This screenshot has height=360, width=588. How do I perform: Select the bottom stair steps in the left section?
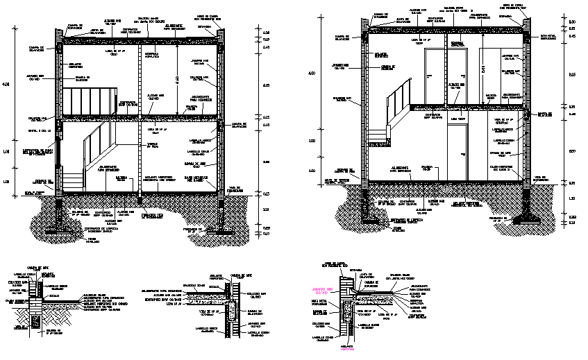point(75,179)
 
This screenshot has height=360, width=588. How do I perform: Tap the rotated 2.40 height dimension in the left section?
point(176,81)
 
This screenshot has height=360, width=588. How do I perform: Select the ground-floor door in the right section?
point(457,153)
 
